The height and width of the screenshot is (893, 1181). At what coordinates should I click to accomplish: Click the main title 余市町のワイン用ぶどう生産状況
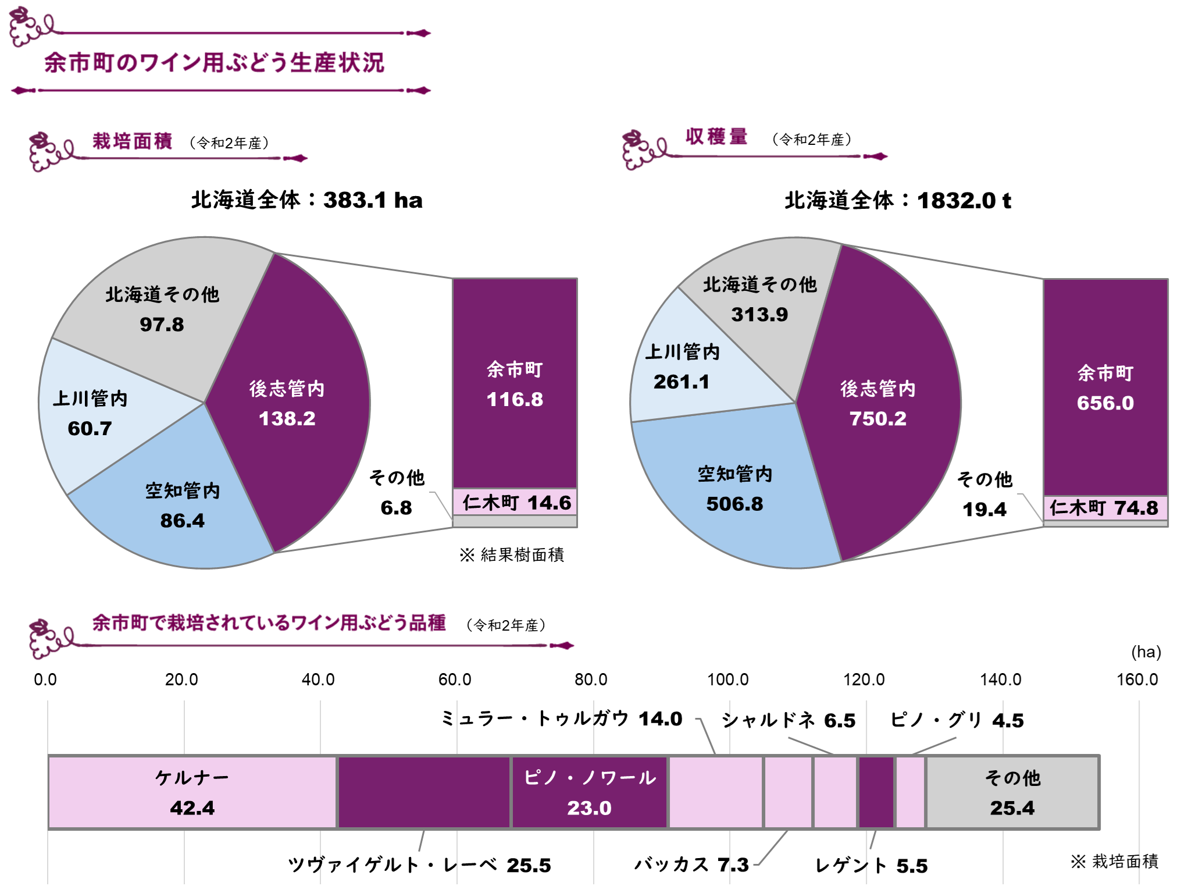pos(214,62)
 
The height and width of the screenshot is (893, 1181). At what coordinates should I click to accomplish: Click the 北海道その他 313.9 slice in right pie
pos(759,300)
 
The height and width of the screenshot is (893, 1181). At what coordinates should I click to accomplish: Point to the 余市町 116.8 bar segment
pos(515,384)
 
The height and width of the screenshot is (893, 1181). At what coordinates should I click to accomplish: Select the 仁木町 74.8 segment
pos(1105,508)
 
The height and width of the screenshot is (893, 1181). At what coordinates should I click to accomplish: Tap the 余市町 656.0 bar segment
pos(1105,387)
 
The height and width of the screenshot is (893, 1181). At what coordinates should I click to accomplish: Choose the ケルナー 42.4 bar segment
pos(192,792)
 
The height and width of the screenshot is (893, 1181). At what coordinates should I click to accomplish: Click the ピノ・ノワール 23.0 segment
pos(589,792)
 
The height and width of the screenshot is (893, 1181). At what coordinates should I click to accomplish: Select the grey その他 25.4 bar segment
pos(1012,792)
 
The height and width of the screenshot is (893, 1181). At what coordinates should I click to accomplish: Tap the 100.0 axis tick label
pos(727,679)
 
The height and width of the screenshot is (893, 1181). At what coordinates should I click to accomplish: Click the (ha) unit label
pos(1146,652)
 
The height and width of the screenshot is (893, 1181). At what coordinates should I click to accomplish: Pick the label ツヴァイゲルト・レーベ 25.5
pos(419,865)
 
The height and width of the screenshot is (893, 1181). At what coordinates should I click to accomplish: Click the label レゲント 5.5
pos(870,866)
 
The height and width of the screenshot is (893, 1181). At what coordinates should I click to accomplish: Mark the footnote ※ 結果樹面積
pos(512,555)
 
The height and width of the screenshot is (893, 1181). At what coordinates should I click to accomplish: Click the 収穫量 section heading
pos(716,137)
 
